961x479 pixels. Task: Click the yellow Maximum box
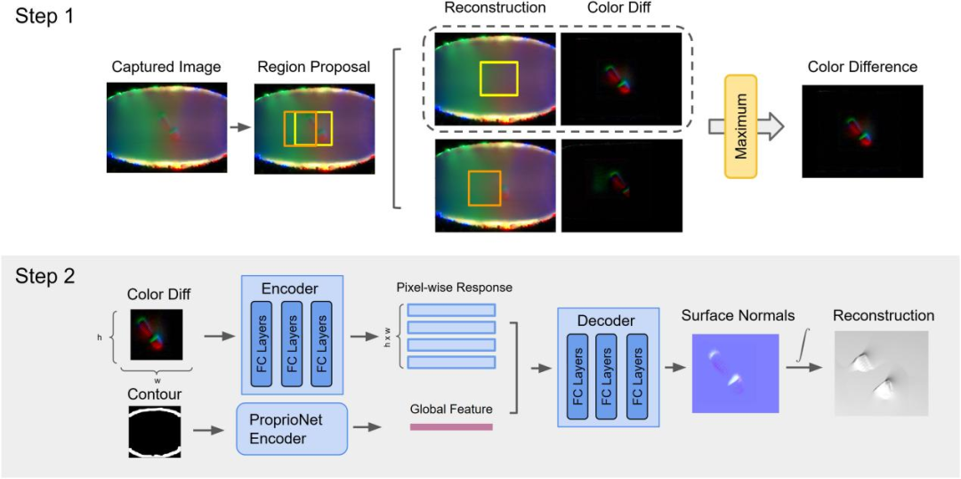click(x=740, y=126)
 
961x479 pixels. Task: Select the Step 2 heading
click(x=46, y=276)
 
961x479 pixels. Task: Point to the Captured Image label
click(x=166, y=67)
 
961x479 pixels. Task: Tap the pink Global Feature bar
click(x=451, y=427)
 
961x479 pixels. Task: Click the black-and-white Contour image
click(x=156, y=432)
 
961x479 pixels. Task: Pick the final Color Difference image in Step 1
click(x=862, y=131)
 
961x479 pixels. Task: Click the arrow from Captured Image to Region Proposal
click(x=239, y=127)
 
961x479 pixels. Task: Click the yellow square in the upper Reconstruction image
click(x=498, y=77)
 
